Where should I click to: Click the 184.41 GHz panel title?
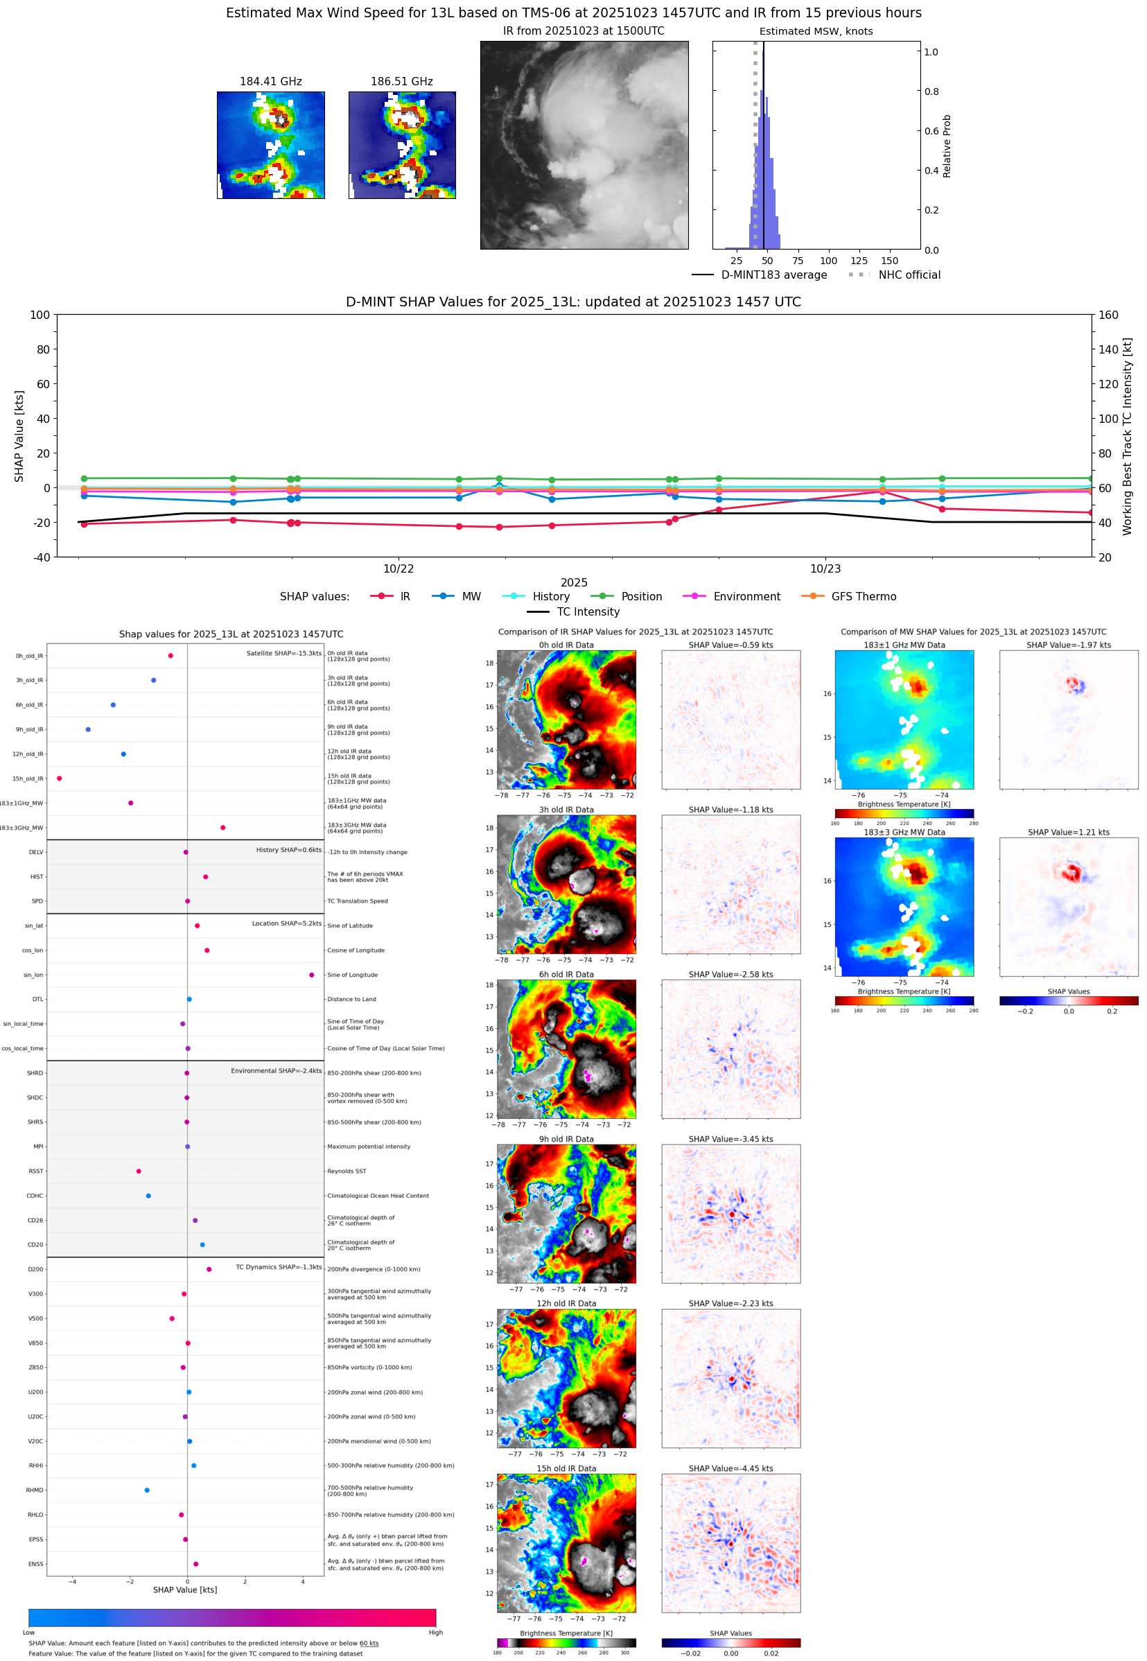tap(270, 82)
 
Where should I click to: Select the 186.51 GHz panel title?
tap(402, 82)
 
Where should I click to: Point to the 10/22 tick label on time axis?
tap(398, 568)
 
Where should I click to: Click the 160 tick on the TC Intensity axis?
tap(1108, 315)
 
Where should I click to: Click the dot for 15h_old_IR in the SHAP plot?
tap(60, 779)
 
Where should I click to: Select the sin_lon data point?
tap(311, 975)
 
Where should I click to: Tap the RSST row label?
tap(36, 1172)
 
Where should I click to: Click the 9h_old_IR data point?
tap(89, 729)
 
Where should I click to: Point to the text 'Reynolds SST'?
tap(347, 1172)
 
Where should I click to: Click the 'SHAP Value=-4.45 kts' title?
tap(730, 1468)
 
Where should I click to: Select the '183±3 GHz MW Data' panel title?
tap(904, 833)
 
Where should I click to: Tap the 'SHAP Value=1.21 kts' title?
tap(1068, 833)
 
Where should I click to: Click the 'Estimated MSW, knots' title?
tap(816, 32)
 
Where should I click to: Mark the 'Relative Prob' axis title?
tap(947, 146)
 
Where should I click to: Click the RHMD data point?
tap(148, 1490)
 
